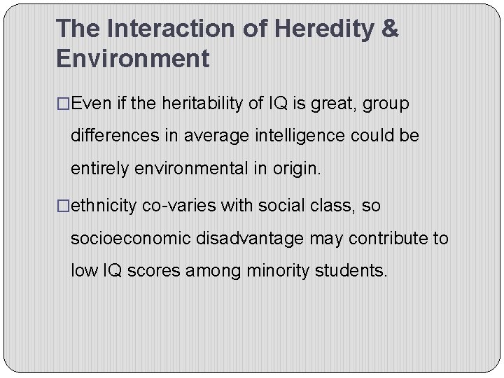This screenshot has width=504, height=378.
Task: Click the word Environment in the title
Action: (x=132, y=58)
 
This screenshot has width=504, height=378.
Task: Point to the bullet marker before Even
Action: (x=63, y=104)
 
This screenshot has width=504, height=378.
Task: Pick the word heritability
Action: (x=202, y=104)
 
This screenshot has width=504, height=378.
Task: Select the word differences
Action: (x=115, y=136)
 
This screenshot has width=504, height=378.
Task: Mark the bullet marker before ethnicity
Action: (x=63, y=206)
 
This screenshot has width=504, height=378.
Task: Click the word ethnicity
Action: (x=104, y=206)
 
